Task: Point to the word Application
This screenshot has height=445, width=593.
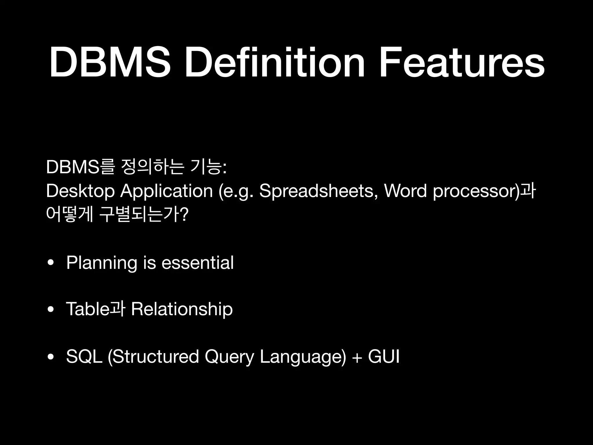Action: tap(166, 192)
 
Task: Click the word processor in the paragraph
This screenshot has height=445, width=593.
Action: tap(475, 192)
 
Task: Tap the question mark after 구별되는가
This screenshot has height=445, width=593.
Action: tap(184, 215)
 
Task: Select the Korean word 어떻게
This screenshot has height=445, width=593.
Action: tap(69, 215)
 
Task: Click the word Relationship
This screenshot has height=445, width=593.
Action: tap(182, 309)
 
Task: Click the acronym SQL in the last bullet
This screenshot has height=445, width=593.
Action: tap(84, 356)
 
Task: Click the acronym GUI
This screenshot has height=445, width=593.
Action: tap(384, 356)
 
